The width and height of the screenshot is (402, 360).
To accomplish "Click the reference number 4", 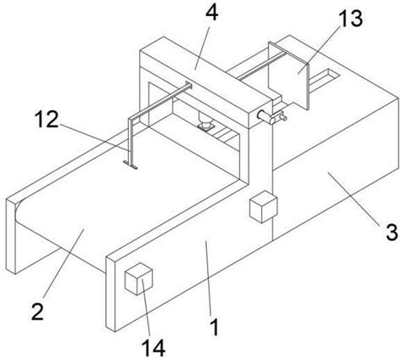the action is [x=212, y=13].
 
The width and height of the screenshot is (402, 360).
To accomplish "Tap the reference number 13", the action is [x=350, y=18].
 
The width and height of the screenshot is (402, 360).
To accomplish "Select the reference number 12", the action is [x=47, y=119].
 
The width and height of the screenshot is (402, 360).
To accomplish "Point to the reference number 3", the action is [x=392, y=232].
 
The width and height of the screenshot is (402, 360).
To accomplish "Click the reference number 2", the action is [x=37, y=312].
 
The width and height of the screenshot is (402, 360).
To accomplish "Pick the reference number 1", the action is [x=215, y=327].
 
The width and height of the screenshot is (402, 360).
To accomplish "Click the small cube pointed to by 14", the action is [x=138, y=278].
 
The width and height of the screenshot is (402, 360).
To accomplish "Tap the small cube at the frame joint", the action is [x=263, y=206].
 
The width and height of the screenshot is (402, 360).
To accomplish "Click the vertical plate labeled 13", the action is [x=288, y=76].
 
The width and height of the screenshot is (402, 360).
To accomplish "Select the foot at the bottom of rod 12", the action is [x=131, y=165].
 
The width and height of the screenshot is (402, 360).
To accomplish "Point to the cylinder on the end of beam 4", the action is [x=263, y=116].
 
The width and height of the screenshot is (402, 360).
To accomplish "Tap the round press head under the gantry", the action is [x=205, y=122].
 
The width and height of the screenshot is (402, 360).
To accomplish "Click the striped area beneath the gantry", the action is [x=226, y=134].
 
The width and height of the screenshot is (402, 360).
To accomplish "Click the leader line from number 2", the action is [x=64, y=263].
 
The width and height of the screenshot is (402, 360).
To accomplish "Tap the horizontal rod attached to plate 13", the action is [x=261, y=65].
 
